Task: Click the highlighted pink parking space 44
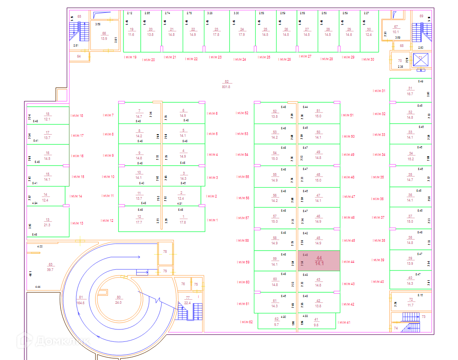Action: pyautogui.click(x=319, y=261)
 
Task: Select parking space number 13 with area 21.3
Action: pyautogui.click(x=47, y=222)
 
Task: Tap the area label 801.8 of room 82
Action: pyautogui.click(x=226, y=87)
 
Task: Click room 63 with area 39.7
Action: pyautogui.click(x=50, y=267)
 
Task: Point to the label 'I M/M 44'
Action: pyautogui.click(x=348, y=262)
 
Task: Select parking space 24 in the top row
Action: pyautogui.click(x=242, y=32)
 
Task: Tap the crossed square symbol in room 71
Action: pyautogui.click(x=421, y=60)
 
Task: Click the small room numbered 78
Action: pyautogui.click(x=165, y=252)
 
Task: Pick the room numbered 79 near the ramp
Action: pyautogui.click(x=165, y=271)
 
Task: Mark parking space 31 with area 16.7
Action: pyautogui.click(x=410, y=91)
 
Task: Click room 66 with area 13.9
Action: pyautogui.click(x=104, y=36)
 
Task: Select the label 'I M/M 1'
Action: pyautogui.click(x=212, y=220)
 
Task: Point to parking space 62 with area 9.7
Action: pyautogui.click(x=277, y=322)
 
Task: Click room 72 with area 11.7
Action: pyautogui.click(x=411, y=302)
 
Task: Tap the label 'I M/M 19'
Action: pyautogui.click(x=130, y=58)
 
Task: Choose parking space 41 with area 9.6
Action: pyautogui.click(x=316, y=322)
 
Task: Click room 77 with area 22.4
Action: pyautogui.click(x=187, y=300)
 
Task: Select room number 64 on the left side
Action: pyautogui.click(x=79, y=57)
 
